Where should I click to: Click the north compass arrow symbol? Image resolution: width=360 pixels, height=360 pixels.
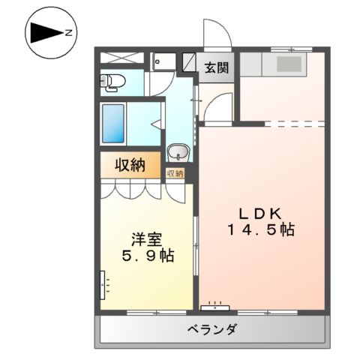point(46,32)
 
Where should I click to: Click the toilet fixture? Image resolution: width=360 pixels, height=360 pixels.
point(112,82)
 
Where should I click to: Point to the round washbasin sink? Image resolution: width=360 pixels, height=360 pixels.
point(178,153)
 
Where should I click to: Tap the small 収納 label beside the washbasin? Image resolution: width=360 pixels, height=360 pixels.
point(175,174)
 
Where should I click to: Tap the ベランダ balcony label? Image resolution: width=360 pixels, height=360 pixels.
point(211,330)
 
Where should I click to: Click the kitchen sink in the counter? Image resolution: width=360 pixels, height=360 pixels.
point(287,64)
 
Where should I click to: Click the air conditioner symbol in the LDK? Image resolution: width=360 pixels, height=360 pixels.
point(216,306)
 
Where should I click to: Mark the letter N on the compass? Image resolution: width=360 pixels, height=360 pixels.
point(67,32)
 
